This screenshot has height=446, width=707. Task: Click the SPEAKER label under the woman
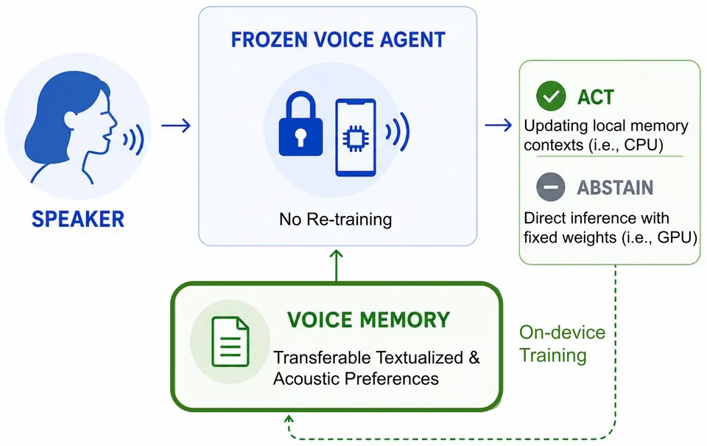(78, 220)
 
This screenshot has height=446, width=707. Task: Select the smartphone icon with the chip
(356, 137)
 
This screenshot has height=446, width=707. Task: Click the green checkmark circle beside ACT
(551, 96)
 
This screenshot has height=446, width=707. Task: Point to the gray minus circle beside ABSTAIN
(551, 187)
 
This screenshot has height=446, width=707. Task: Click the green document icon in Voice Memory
(231, 342)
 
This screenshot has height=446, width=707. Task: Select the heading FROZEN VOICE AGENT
(338, 40)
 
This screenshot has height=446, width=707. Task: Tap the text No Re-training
(336, 220)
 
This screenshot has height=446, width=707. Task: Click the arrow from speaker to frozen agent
(176, 125)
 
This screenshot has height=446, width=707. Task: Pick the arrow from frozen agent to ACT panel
(499, 125)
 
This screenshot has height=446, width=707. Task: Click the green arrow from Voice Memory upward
(337, 265)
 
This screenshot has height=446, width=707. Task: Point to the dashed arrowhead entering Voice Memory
(289, 419)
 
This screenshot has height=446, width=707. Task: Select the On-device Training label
(562, 344)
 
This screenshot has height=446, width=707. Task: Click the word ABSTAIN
(615, 187)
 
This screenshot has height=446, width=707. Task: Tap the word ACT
(596, 97)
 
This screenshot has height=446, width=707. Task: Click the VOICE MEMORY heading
(368, 320)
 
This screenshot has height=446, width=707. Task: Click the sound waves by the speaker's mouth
(134, 139)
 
